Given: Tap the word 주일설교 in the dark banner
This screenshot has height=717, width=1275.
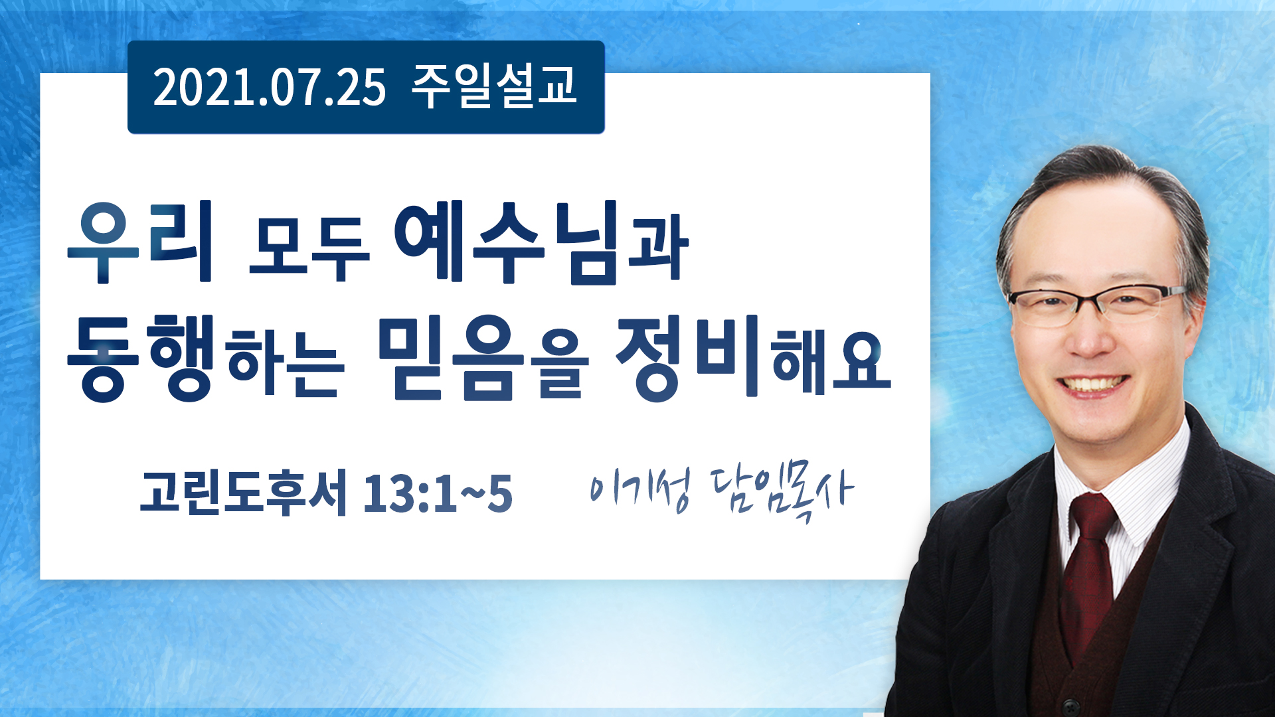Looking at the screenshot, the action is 494,86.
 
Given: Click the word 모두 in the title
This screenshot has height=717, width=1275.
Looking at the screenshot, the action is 309,246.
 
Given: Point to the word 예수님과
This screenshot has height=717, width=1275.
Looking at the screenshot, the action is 541,242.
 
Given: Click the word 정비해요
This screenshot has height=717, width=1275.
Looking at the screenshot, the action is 753,358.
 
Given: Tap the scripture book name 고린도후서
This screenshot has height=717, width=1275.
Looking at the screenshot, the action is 243,492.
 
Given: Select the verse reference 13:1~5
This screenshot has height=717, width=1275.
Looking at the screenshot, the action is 438,494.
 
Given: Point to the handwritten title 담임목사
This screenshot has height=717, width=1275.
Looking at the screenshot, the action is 782,492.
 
